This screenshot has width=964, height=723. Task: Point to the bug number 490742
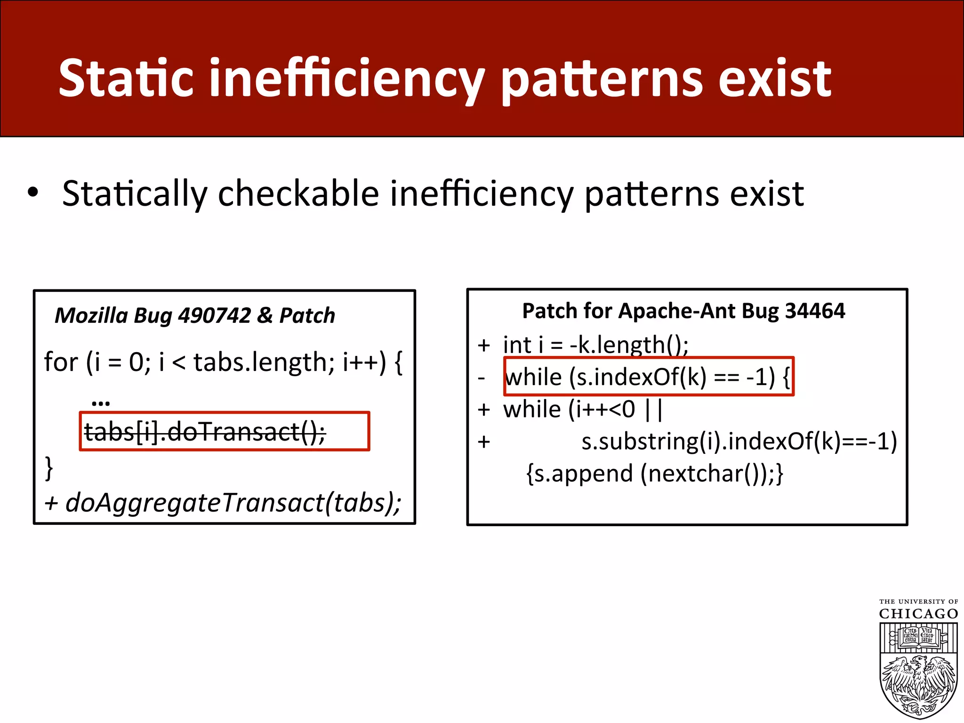215,315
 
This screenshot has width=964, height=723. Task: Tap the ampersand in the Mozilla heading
265,315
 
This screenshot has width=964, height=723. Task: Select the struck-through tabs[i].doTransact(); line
205,432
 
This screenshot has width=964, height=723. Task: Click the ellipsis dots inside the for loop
101,402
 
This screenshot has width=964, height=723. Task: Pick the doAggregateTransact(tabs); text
233,503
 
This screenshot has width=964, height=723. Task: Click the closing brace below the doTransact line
48,468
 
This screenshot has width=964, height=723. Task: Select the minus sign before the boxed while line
481,378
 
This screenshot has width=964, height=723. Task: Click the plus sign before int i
484,345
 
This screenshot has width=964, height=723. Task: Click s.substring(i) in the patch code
651,442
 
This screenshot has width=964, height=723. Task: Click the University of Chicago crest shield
918,668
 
